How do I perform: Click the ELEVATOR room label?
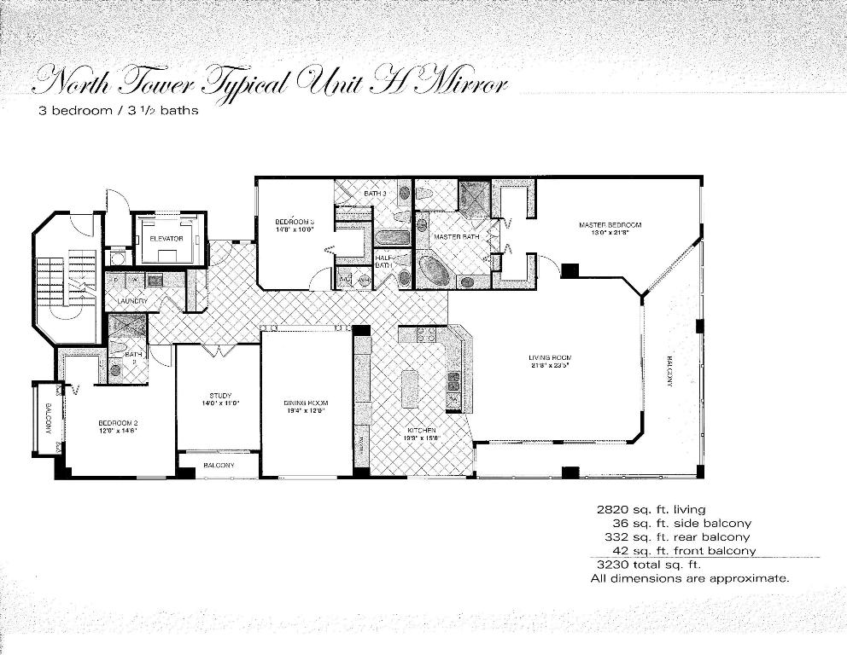pyautogui.click(x=166, y=238)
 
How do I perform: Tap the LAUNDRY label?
pyautogui.click(x=132, y=301)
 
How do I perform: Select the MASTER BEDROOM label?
pyautogui.click(x=610, y=225)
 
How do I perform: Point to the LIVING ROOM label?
pyautogui.click(x=549, y=357)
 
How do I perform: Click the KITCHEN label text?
pyautogui.click(x=422, y=430)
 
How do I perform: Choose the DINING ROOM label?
pyautogui.click(x=306, y=403)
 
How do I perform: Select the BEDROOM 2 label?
pyautogui.click(x=118, y=423)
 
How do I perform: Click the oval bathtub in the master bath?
pyautogui.click(x=435, y=271)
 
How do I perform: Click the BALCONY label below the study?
pyautogui.click(x=219, y=465)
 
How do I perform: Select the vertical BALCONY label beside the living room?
pyautogui.click(x=669, y=371)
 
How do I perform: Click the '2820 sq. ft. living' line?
pyautogui.click(x=651, y=509)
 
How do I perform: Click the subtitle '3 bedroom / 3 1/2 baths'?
pyautogui.click(x=118, y=111)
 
